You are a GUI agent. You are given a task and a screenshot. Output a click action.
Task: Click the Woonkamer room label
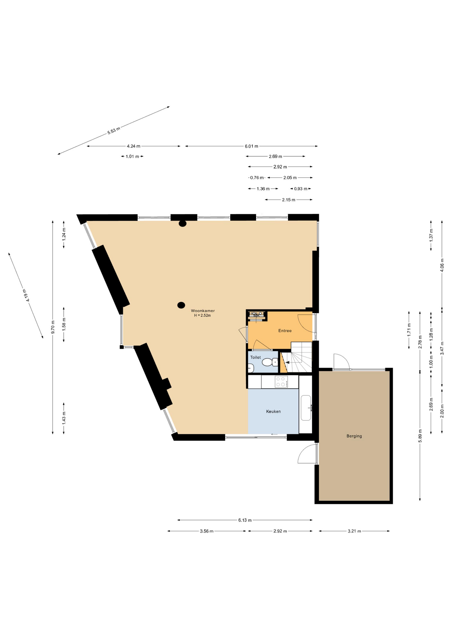pos(203,311)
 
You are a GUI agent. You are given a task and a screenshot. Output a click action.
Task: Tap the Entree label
pos(285,330)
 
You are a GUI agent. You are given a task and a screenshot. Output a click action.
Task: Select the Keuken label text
pos(273,411)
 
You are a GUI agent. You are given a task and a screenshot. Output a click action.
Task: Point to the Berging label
pos(354,436)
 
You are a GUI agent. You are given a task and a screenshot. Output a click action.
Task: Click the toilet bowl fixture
pos(269,362)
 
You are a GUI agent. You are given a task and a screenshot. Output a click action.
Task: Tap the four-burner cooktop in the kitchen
pos(281,382)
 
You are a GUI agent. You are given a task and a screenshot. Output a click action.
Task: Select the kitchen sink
pos(306,408)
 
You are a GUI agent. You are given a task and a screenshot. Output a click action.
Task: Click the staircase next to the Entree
pos(297,357)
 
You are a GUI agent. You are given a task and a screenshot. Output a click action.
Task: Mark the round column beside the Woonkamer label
pos(181,305)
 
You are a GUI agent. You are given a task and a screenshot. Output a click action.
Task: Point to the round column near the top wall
pos(182,224)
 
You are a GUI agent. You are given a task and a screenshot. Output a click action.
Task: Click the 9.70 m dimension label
pos(53,327)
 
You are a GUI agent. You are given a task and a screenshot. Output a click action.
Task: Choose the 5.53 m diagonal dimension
pos(113,130)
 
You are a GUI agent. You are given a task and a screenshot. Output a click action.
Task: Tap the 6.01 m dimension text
pos(251,146)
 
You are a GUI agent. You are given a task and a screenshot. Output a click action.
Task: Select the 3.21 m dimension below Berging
pos(354,531)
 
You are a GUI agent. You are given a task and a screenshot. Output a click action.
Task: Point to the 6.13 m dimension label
pos(245,520)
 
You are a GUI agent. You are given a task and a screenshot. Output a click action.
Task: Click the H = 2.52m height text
pos(202,315)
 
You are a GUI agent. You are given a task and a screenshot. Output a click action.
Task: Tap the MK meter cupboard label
pos(256,316)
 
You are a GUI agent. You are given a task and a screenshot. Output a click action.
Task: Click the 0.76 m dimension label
pos(257,178)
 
